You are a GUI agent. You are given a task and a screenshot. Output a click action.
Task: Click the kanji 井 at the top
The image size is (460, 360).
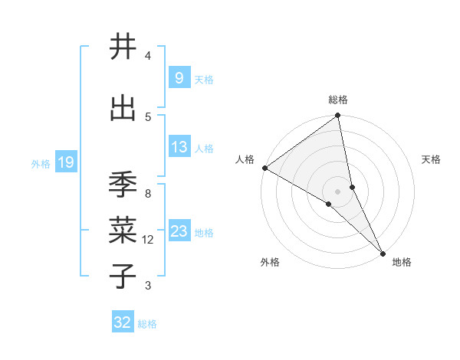tap(123, 47)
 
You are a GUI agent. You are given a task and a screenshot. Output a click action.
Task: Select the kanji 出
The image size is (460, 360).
tap(123, 108)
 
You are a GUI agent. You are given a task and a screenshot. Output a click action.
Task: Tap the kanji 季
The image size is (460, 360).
tap(123, 185)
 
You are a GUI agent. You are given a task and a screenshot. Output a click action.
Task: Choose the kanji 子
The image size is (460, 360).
tap(123, 277)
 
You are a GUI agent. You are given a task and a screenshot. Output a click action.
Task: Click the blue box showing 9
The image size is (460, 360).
tap(179, 78)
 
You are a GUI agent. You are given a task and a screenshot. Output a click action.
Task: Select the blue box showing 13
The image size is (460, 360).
tap(179, 148)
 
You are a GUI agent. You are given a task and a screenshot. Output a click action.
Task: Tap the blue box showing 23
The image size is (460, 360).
tap(179, 231)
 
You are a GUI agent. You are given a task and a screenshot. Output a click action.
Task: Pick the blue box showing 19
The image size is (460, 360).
tap(65, 162)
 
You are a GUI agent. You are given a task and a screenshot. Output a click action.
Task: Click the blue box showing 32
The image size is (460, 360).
tap(123, 322)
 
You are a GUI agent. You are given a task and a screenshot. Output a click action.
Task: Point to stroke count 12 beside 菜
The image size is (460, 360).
tap(148, 240)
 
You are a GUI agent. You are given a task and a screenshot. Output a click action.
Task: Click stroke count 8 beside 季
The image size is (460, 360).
tap(148, 194)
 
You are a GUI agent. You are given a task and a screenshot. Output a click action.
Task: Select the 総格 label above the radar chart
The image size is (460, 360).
tap(338, 100)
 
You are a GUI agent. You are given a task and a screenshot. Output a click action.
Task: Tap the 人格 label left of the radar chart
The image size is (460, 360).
tap(245, 159)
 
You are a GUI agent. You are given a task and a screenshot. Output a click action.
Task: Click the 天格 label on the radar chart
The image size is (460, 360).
tap(432, 159)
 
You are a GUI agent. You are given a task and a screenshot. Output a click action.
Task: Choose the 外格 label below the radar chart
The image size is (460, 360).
tap(270, 262)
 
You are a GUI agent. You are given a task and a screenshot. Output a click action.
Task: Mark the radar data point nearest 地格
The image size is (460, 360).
tap(383, 252)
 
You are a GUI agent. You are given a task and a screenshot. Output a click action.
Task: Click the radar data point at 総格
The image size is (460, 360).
tap(338, 116)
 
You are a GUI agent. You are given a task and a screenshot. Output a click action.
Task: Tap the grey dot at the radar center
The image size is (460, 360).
tap(337, 191)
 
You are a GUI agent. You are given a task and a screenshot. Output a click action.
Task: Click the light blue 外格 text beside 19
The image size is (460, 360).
tap(40, 163)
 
